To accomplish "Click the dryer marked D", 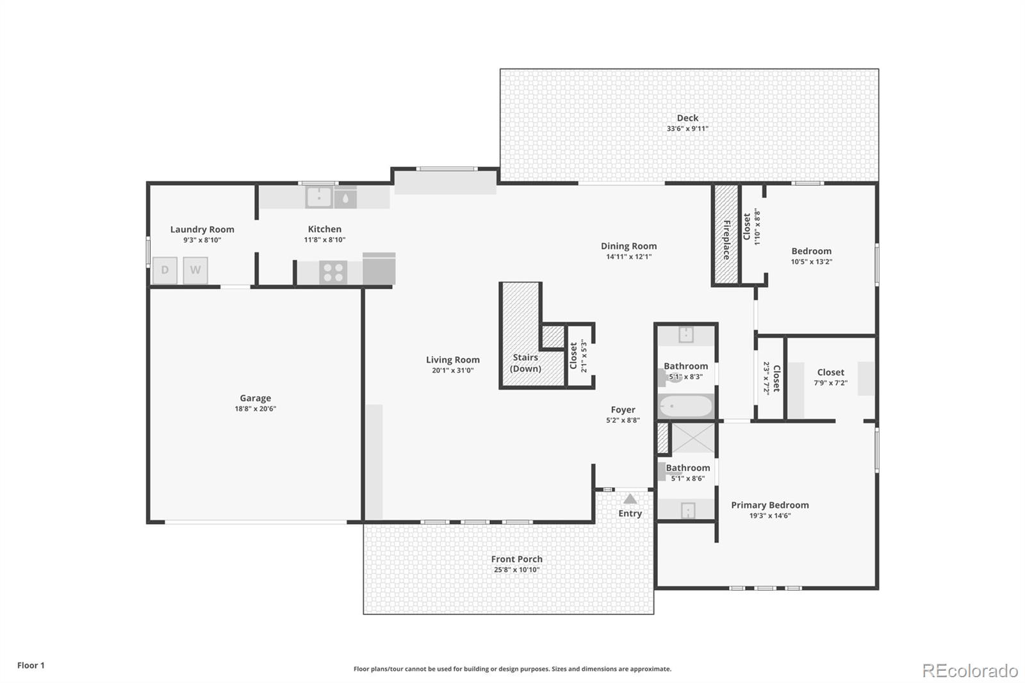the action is (x=165, y=270).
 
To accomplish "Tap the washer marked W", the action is (x=195, y=270).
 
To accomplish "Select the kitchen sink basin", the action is (x=319, y=197).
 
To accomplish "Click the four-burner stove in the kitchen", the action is (x=333, y=272).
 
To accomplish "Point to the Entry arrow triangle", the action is (x=630, y=498).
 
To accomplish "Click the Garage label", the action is (x=256, y=399).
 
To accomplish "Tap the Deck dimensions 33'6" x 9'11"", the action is (x=687, y=129).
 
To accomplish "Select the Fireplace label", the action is (x=726, y=240).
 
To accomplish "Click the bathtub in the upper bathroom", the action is (x=686, y=406).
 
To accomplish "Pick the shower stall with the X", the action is (x=693, y=438).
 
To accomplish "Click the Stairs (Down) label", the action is (x=525, y=363).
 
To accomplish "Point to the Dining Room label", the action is (x=628, y=246).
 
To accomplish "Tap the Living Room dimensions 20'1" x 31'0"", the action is (x=452, y=370).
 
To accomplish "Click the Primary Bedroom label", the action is (x=769, y=505).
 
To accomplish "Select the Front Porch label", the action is (x=516, y=559).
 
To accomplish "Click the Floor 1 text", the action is (x=31, y=665).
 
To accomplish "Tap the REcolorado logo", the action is (x=970, y=671).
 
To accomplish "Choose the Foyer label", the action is (x=623, y=409).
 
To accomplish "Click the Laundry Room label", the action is (x=202, y=229).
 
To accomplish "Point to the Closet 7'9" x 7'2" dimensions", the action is (x=830, y=383).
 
